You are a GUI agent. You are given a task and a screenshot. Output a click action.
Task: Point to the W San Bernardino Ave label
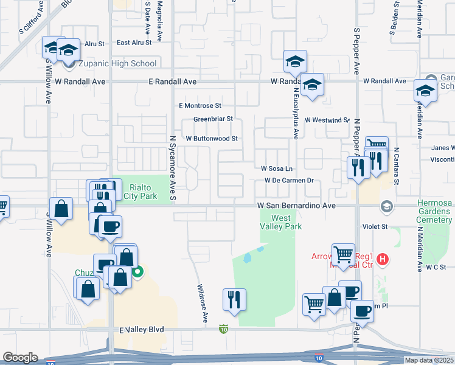click(x=296, y=206)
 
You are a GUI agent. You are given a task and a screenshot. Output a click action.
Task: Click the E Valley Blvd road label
click(x=142, y=329)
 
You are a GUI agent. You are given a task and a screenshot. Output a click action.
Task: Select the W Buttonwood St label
click(x=211, y=139)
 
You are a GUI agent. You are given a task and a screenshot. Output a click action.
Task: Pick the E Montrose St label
click(x=200, y=105)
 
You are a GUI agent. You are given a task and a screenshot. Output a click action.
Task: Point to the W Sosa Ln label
click(x=277, y=168)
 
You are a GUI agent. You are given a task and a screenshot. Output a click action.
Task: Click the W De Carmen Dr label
click(x=288, y=180)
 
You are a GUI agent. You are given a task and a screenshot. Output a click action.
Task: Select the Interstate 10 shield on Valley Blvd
click(x=224, y=329)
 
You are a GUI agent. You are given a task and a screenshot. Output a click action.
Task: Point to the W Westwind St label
click(x=327, y=120)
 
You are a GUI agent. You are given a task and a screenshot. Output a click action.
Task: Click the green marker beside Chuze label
click(x=138, y=273)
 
